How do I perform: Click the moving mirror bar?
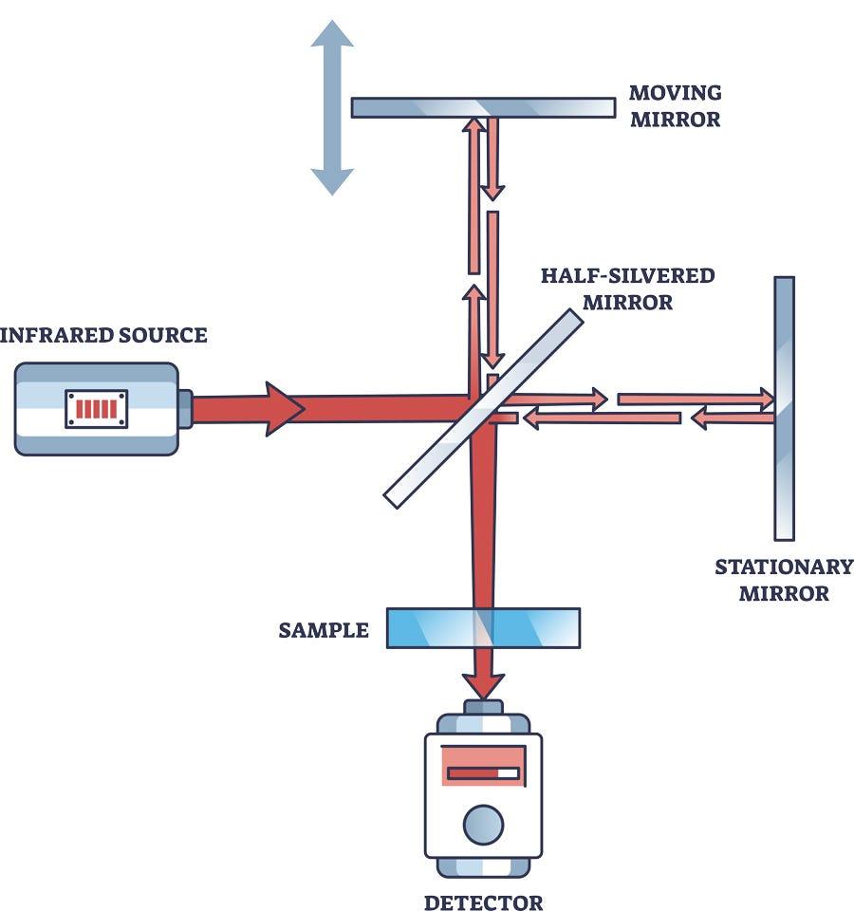483,107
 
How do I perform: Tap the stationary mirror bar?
784,408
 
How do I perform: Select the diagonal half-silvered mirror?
483,409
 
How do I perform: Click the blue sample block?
483,627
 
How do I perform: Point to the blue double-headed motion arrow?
332,107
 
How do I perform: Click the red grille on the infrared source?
97,409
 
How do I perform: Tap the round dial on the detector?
483,825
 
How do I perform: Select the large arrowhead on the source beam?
285,409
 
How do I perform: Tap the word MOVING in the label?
675,93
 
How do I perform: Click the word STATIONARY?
784,567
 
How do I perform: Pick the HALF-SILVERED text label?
627,275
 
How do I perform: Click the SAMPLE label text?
324,630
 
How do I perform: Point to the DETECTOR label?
483,902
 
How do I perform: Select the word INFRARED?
56,335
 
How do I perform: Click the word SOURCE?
162,335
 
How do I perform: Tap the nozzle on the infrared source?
185,409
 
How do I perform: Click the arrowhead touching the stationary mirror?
763,400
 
